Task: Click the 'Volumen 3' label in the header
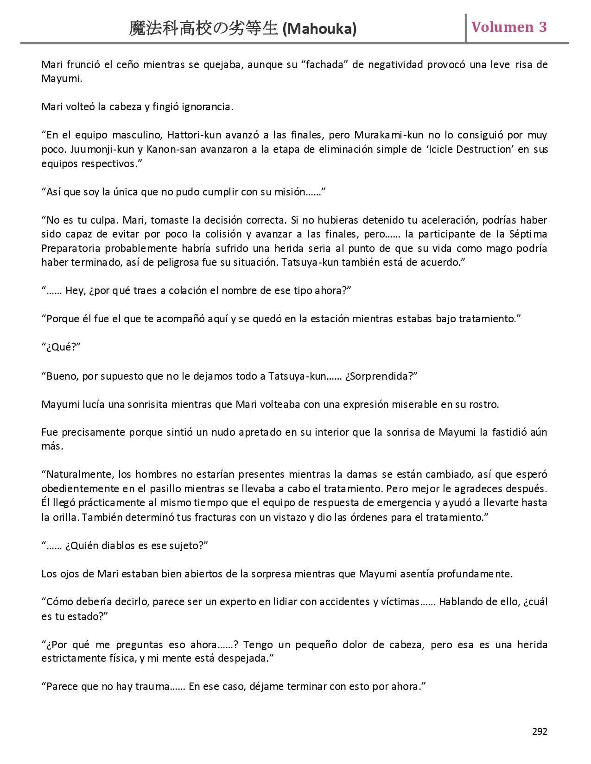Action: click(x=509, y=27)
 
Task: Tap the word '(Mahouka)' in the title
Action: click(x=319, y=29)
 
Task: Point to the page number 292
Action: click(x=540, y=732)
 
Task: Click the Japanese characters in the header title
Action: click(x=204, y=29)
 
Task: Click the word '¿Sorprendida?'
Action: click(x=381, y=376)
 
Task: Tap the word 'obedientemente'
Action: click(x=81, y=489)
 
